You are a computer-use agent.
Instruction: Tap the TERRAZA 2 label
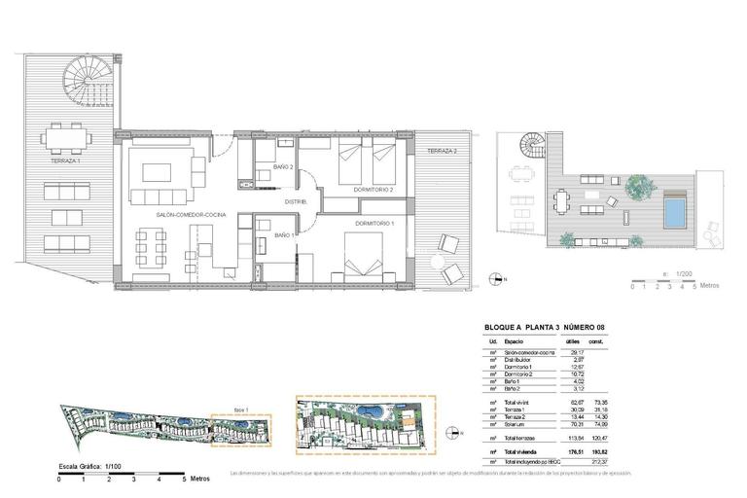tap(442, 151)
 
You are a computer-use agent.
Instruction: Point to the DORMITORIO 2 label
tap(373, 190)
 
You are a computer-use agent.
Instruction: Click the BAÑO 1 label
tap(284, 235)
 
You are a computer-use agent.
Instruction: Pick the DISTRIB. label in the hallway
tap(296, 201)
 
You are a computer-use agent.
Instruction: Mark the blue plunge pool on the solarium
tap(673, 211)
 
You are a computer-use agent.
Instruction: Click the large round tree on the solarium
tap(637, 184)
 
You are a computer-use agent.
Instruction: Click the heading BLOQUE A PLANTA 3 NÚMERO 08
tap(551, 328)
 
